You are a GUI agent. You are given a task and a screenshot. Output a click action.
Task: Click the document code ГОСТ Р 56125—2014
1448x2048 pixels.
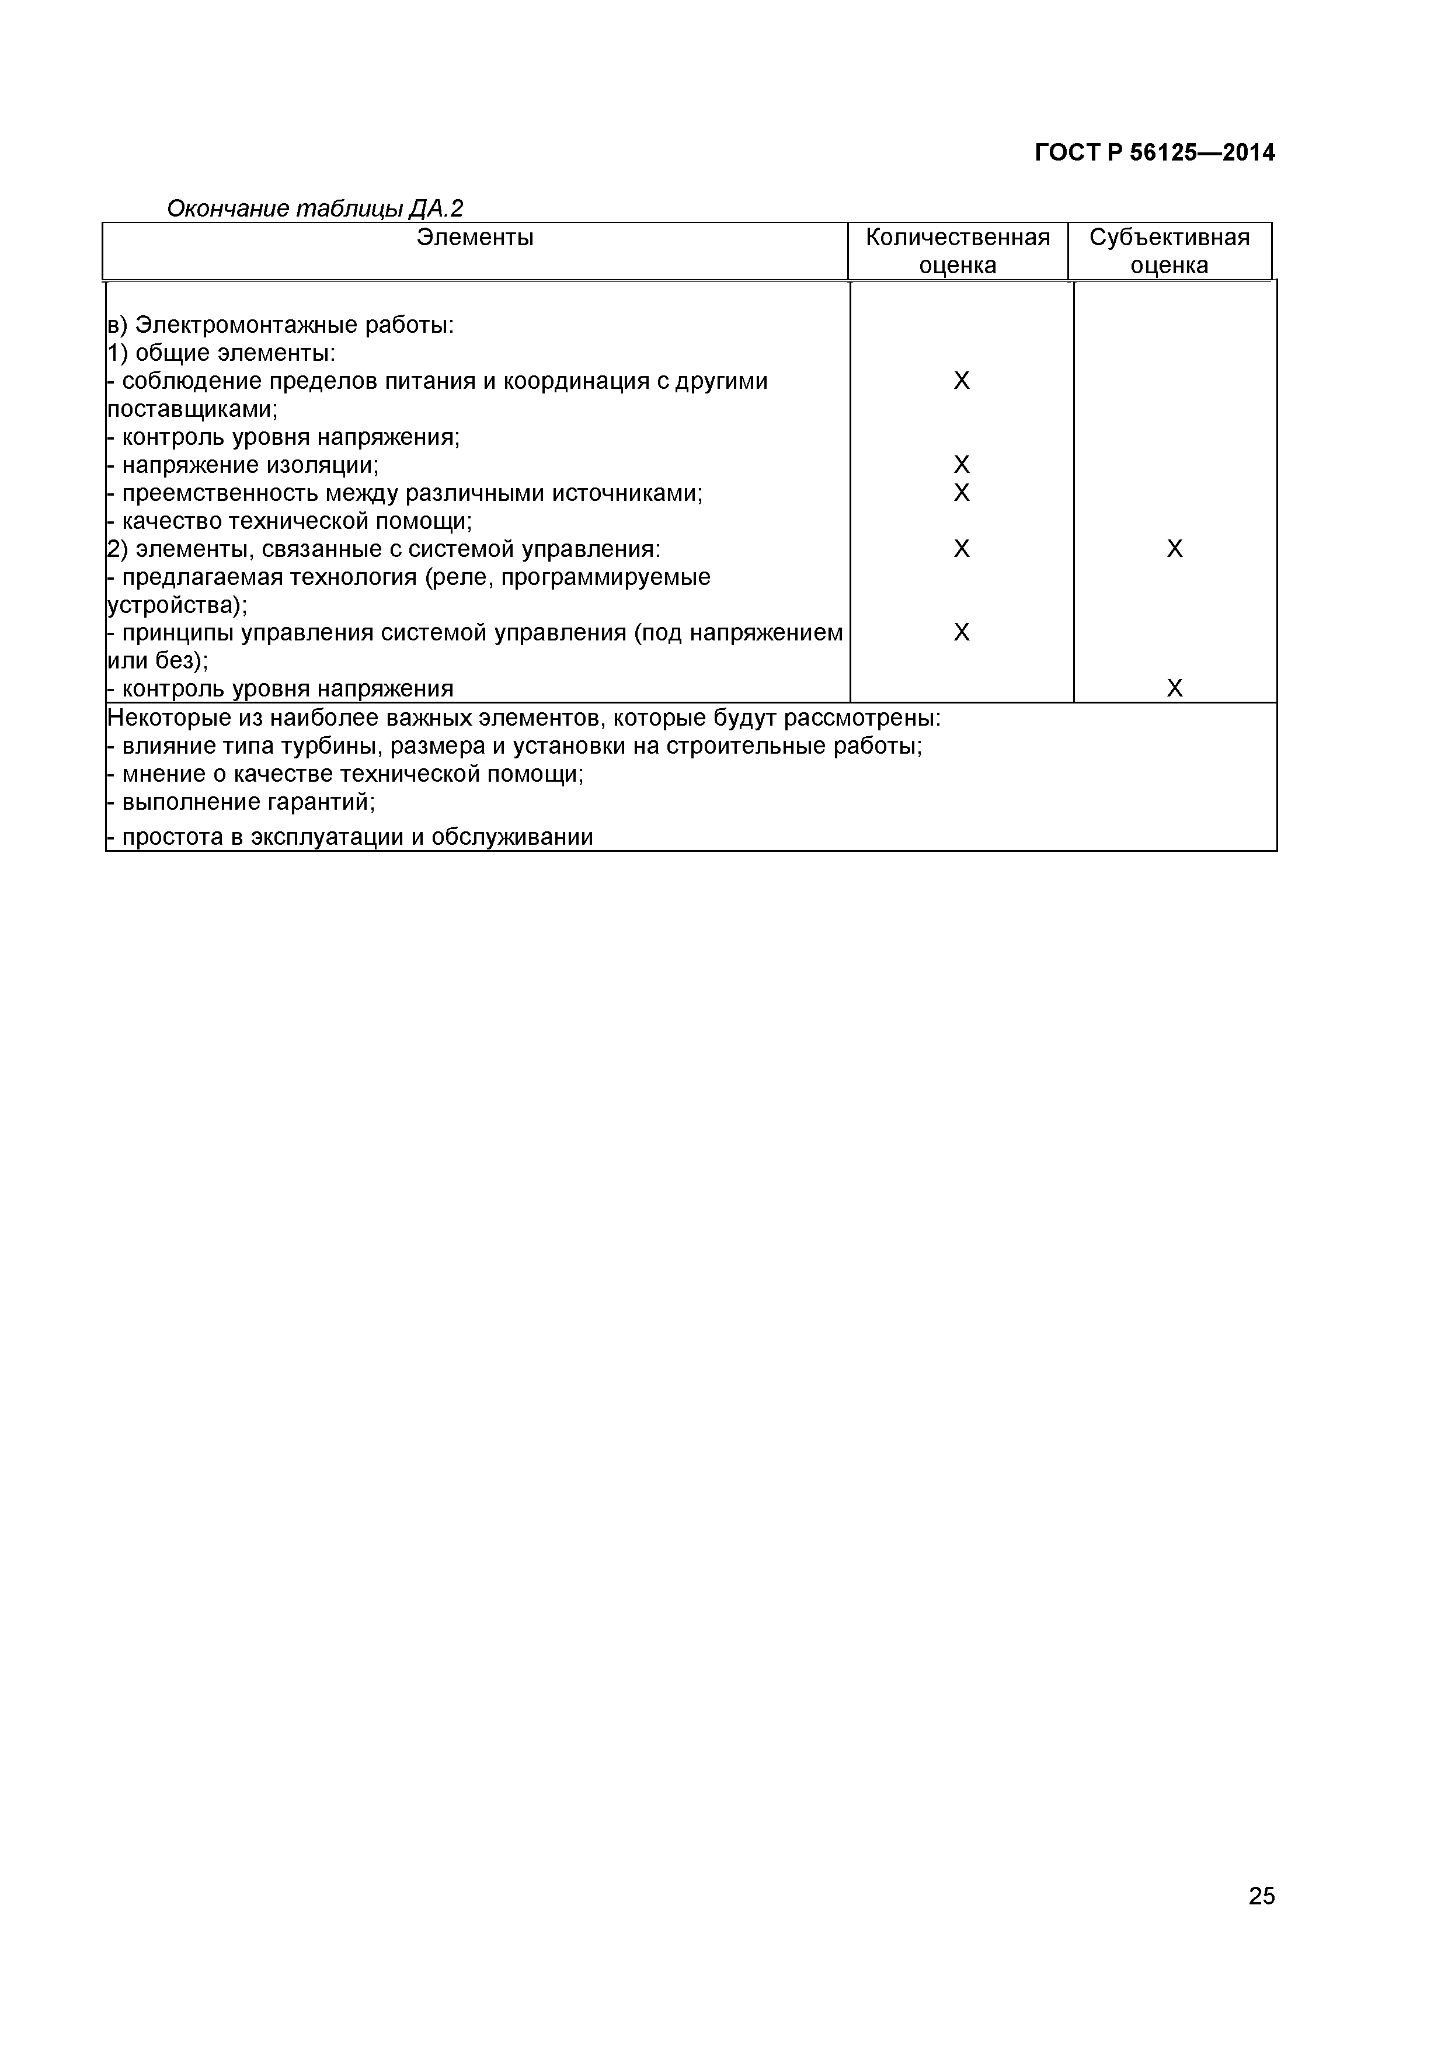pyautogui.click(x=1154, y=152)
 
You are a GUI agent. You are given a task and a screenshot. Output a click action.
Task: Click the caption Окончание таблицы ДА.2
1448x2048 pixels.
pyautogui.click(x=315, y=209)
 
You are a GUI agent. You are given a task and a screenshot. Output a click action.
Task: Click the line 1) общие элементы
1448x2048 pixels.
pyautogui.click(x=221, y=353)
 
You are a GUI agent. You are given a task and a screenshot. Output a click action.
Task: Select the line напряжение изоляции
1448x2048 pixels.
pyautogui.click(x=243, y=465)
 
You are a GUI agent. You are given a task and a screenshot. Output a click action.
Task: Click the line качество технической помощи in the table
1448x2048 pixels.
pyautogui.click(x=290, y=521)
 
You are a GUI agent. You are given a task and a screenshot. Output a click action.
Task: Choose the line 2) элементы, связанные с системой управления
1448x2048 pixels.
pyautogui.click(x=384, y=549)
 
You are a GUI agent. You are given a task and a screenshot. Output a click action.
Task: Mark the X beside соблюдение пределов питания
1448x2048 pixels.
pyautogui.click(x=961, y=381)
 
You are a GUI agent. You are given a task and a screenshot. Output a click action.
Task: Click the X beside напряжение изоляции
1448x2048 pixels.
pyautogui.click(x=961, y=465)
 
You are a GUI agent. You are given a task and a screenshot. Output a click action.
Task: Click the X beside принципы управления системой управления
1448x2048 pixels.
pyautogui.click(x=961, y=632)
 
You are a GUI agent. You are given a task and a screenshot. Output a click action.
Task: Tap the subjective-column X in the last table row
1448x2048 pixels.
pyautogui.click(x=1174, y=689)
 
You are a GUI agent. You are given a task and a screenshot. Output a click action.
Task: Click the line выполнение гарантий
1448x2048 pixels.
pyautogui.click(x=241, y=802)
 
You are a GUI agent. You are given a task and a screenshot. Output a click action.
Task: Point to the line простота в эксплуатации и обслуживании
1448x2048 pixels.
pyautogui.click(x=350, y=837)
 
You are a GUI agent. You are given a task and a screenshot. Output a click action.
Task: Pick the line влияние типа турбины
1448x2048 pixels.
pyautogui.click(x=514, y=746)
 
